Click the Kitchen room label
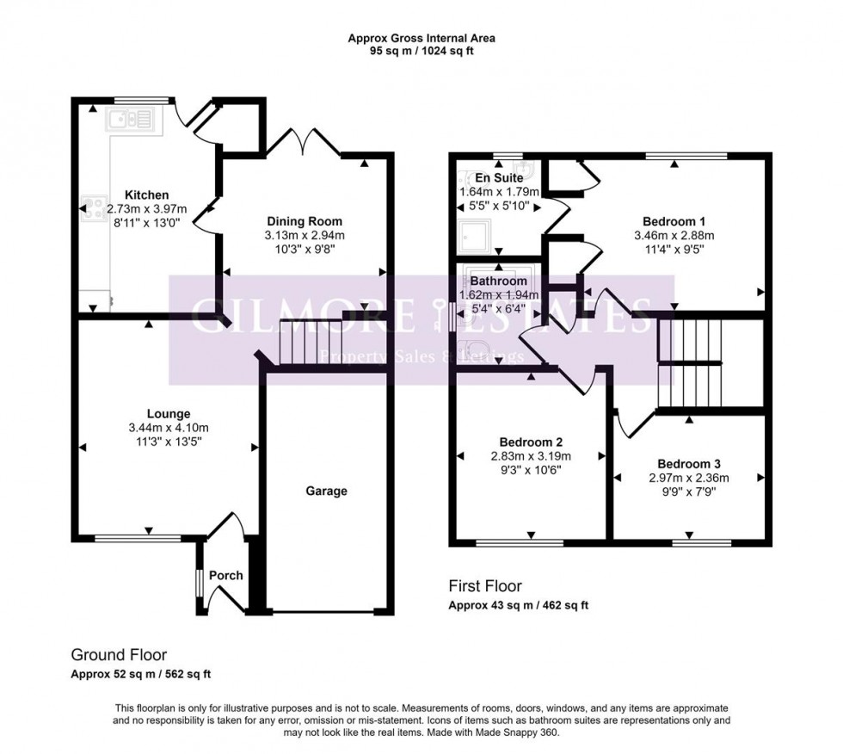(145, 195)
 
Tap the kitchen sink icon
(129, 119)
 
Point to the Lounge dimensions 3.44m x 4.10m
(168, 428)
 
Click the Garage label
(327, 491)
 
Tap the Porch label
(226, 575)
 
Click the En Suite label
(494, 177)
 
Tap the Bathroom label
(498, 281)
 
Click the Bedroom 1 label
(674, 220)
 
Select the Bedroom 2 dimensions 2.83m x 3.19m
(531, 456)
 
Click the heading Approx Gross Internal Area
(421, 38)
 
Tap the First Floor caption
(485, 586)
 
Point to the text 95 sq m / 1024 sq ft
(421, 51)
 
